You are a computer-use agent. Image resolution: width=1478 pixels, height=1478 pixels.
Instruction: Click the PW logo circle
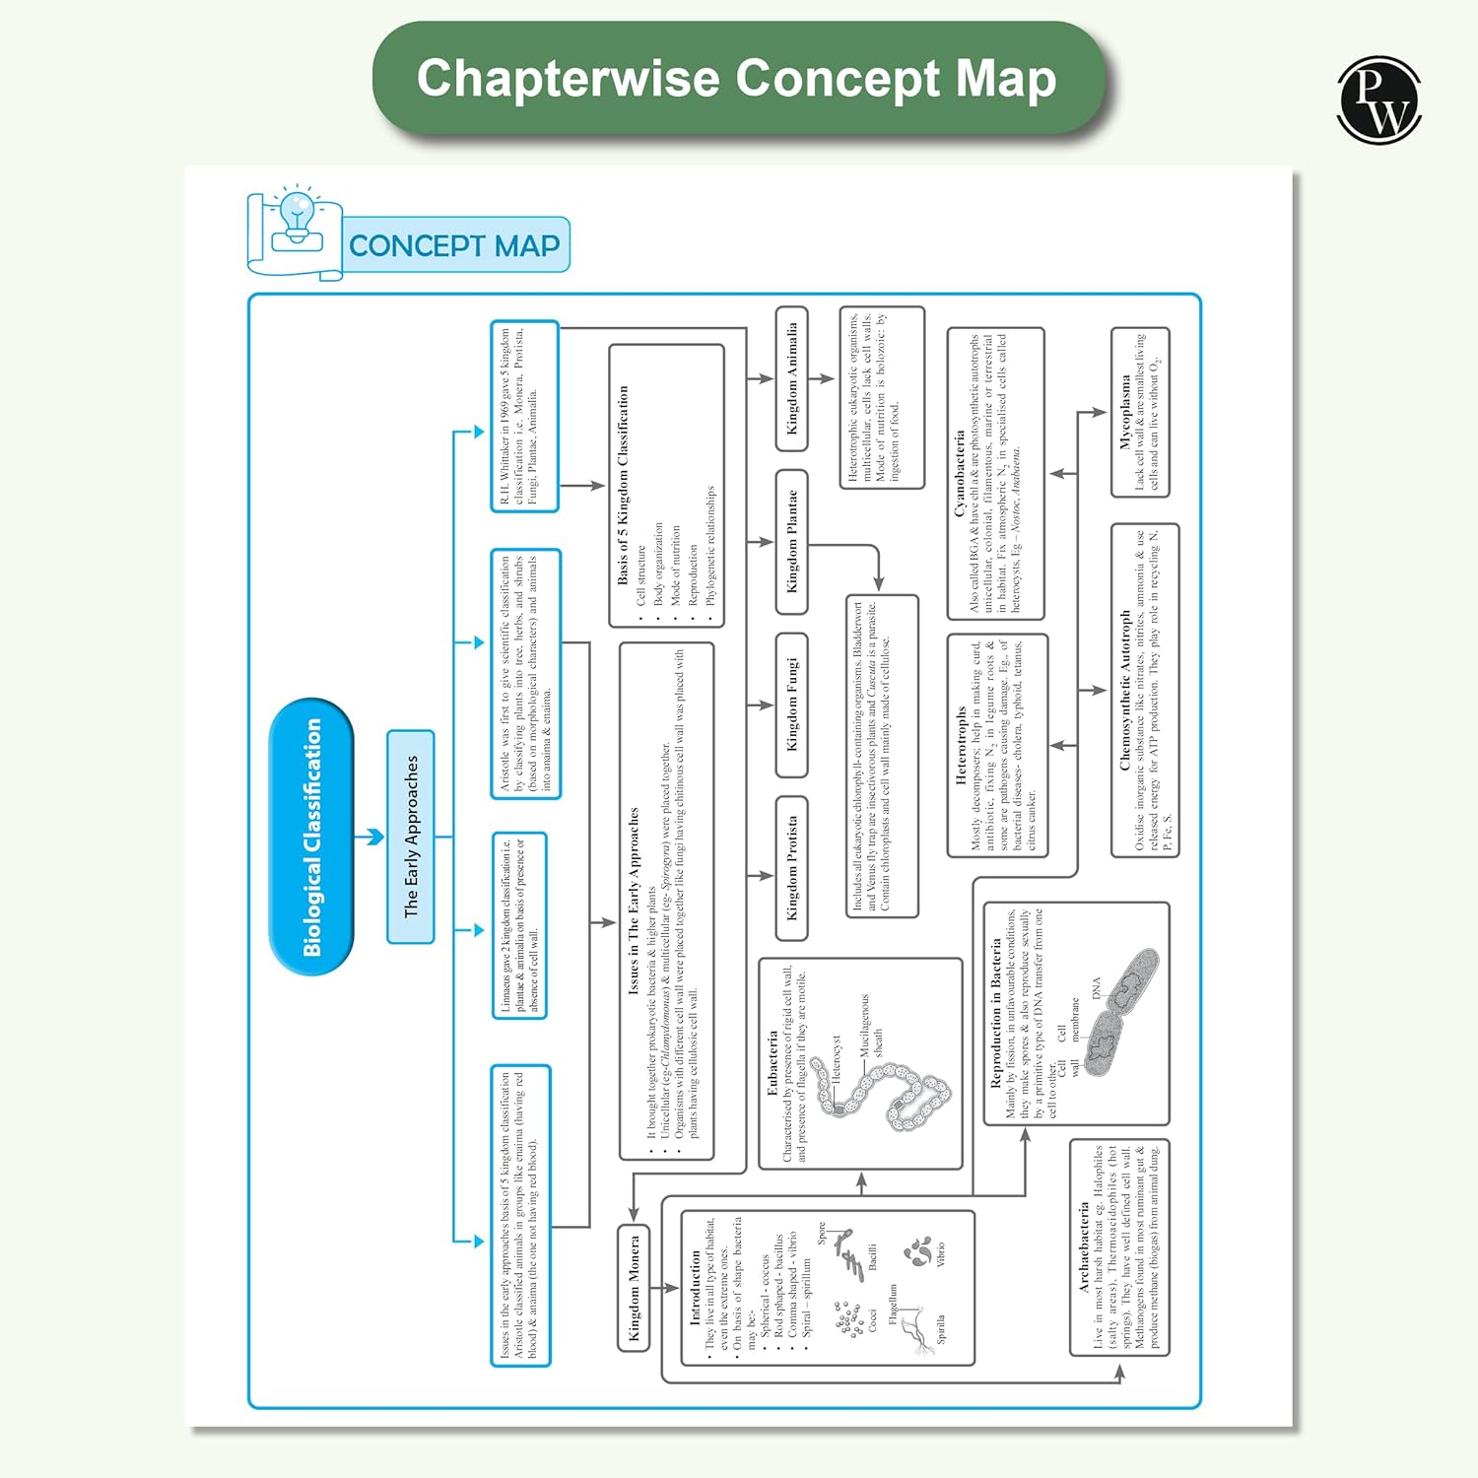[x=1378, y=100]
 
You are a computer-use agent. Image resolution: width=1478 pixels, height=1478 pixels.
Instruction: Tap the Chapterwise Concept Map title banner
[x=737, y=79]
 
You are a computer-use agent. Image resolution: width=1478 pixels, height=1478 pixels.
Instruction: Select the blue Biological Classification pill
[x=311, y=837]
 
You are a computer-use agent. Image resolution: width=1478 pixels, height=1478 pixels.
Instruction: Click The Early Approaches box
[x=411, y=837]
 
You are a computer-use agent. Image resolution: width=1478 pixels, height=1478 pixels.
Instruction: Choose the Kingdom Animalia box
[x=791, y=378]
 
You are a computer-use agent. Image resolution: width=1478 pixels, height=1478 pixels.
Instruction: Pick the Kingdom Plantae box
[x=791, y=541]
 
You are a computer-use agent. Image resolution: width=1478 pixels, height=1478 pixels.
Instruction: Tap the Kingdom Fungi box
[x=791, y=705]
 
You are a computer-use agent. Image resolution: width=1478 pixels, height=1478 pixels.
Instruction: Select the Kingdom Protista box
[x=791, y=867]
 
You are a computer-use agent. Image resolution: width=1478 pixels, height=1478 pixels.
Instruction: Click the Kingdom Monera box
[x=634, y=1288]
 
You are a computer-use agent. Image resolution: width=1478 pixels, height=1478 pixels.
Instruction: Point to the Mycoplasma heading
[x=1124, y=412]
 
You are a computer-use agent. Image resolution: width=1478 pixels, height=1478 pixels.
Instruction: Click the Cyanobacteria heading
[x=959, y=473]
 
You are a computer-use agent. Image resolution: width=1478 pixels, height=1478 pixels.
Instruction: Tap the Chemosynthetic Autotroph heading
[x=1124, y=690]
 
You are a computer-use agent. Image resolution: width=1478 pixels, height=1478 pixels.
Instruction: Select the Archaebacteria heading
[x=1084, y=1246]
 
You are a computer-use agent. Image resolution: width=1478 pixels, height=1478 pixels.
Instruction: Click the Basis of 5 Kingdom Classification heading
[x=623, y=485]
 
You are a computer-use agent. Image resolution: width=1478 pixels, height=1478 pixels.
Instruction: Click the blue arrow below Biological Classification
[x=369, y=837]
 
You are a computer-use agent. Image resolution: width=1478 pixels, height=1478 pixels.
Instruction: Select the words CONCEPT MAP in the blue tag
[x=454, y=245]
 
